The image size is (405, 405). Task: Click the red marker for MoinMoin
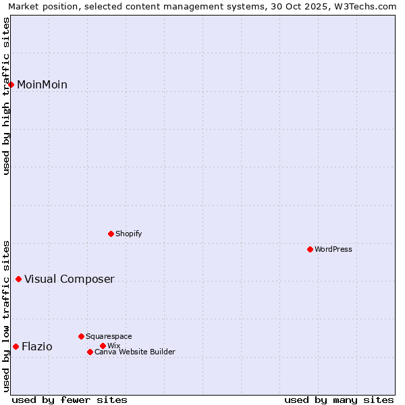[11, 84]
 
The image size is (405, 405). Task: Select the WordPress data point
[310, 249]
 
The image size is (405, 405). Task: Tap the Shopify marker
[111, 234]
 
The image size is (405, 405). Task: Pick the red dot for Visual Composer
[18, 279]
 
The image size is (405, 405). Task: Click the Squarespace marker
[81, 336]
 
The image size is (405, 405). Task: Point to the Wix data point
[103, 346]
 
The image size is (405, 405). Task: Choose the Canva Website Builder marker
[90, 352]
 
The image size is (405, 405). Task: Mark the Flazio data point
[16, 346]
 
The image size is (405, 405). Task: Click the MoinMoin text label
[42, 84]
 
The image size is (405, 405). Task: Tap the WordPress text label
[333, 249]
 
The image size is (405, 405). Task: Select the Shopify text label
[129, 234]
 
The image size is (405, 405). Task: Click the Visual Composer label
[70, 279]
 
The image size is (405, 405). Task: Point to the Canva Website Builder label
[135, 352]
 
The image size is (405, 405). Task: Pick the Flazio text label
[37, 346]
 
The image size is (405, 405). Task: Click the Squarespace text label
[109, 336]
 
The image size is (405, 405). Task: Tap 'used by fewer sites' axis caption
[70, 400]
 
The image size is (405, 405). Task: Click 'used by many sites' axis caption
[339, 400]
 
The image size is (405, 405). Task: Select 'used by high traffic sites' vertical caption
[6, 96]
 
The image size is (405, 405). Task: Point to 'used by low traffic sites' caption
[6, 315]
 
